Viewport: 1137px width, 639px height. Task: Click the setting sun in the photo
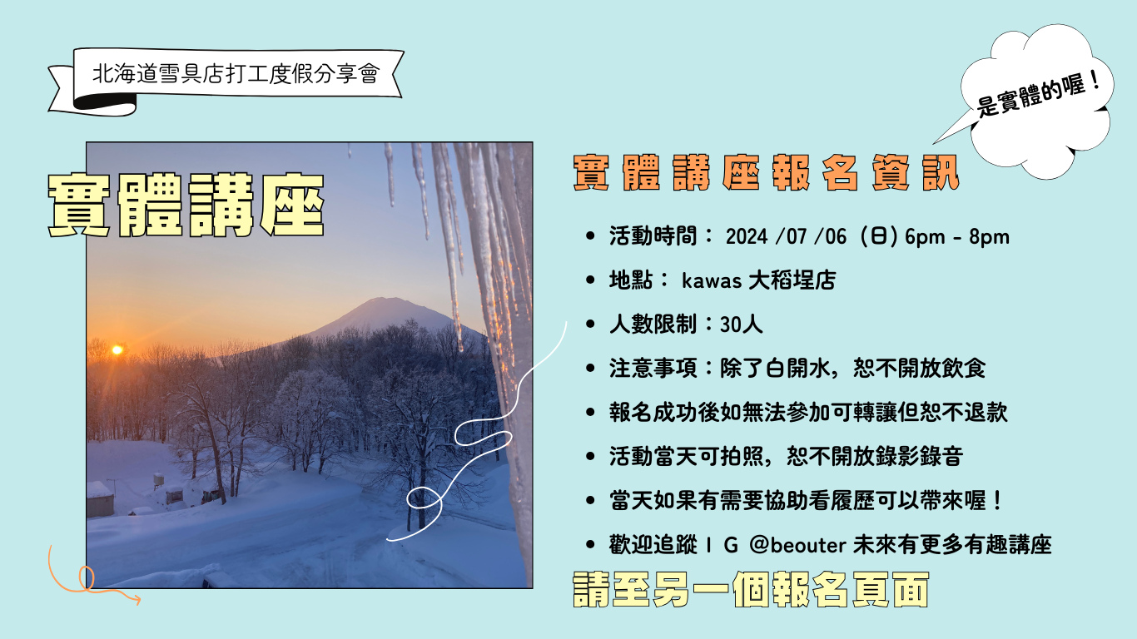pos(117,349)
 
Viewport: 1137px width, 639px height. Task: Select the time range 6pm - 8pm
pos(956,237)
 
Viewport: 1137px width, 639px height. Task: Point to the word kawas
pos(712,280)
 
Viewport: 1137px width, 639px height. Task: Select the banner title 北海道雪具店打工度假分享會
pos(236,75)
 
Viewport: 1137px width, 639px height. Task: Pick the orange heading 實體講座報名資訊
pos(766,173)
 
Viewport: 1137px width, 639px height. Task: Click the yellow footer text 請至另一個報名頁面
pos(751,591)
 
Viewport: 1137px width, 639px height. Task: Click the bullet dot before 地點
pos(591,281)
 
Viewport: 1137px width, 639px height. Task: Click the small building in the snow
pos(100,499)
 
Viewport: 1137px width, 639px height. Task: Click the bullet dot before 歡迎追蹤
pos(591,546)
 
